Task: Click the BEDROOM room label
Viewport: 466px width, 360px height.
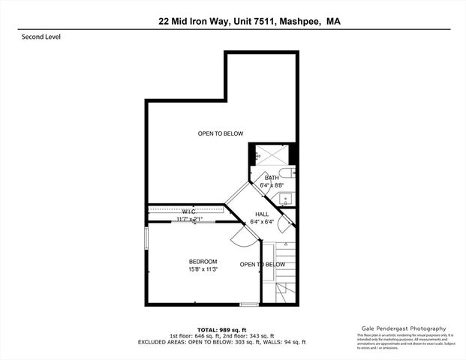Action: [x=203, y=261]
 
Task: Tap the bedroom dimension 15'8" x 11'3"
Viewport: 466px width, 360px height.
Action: [x=203, y=270]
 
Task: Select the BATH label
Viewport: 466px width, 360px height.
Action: [x=271, y=177]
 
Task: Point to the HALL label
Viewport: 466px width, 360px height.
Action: [x=261, y=214]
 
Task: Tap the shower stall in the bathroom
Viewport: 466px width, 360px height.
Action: [x=270, y=154]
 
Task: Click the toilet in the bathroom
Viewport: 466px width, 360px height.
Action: [x=289, y=177]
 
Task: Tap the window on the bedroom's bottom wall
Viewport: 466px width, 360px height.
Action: [x=248, y=304]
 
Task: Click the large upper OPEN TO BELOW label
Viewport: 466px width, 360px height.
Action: [x=221, y=133]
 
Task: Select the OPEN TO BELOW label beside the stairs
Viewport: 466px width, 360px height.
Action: [x=262, y=264]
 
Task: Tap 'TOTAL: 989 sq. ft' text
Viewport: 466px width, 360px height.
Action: [x=222, y=329]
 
